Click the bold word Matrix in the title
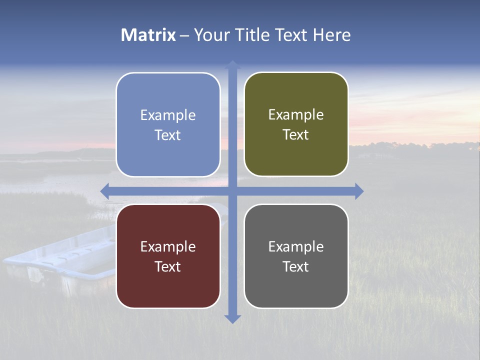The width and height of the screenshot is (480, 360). point(148,35)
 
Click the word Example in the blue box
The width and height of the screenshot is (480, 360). point(168,115)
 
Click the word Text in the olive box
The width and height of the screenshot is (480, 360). point(296,135)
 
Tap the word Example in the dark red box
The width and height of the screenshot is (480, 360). point(168,247)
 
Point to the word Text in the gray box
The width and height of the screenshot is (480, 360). point(296,267)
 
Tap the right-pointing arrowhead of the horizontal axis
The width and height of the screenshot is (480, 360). point(359,191)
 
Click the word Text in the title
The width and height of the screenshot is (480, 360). point(291,35)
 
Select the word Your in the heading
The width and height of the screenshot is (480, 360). point(209,35)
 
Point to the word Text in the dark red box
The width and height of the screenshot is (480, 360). point(168,267)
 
